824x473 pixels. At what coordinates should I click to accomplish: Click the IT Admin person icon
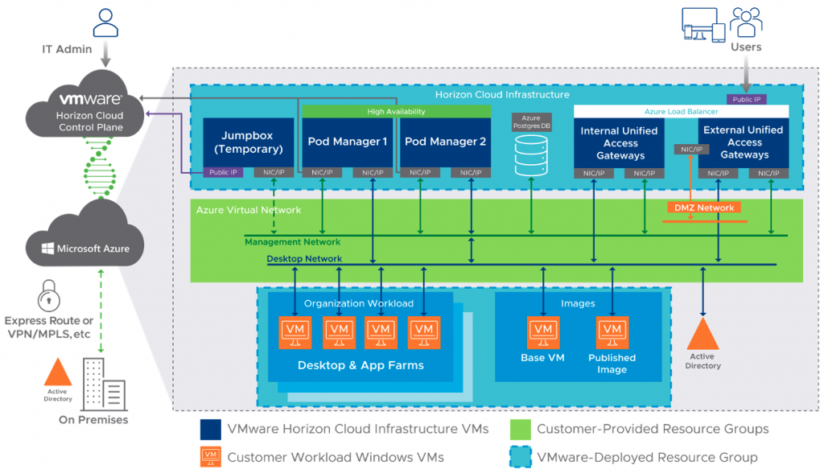click(105, 22)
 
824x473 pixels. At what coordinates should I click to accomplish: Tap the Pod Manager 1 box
click(347, 142)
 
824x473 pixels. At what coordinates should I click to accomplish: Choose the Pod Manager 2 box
click(445, 142)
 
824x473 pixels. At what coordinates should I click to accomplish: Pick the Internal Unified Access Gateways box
click(620, 142)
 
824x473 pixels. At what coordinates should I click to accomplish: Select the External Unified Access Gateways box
click(743, 142)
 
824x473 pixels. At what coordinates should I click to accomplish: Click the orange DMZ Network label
click(704, 208)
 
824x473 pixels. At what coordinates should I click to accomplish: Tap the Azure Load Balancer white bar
click(681, 112)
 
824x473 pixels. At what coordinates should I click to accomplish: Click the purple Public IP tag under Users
click(746, 100)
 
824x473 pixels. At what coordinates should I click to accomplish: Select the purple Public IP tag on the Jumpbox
click(224, 172)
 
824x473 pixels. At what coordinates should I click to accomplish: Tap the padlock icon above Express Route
click(49, 293)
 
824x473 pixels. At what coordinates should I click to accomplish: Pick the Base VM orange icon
click(543, 331)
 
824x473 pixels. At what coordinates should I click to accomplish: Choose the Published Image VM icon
click(612, 331)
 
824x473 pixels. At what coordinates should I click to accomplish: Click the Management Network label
click(292, 241)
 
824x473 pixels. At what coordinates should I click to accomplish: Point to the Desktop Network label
click(304, 259)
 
